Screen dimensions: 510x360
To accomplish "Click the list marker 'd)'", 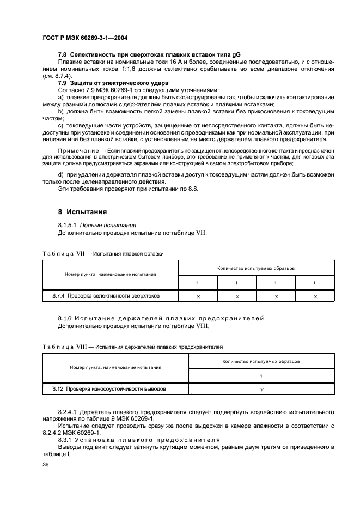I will [x=61, y=174].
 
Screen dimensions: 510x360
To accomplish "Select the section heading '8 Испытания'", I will [x=82, y=211].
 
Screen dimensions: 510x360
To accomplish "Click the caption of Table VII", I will [x=102, y=253].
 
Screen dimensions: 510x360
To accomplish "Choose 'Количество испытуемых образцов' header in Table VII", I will [x=255, y=268].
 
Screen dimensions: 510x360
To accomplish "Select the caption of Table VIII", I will [x=132, y=346].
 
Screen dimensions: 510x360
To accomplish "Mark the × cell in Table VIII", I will [x=262, y=390].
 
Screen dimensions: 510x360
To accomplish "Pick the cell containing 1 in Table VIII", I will [x=261, y=376].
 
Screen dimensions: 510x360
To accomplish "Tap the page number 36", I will [x=46, y=465].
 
